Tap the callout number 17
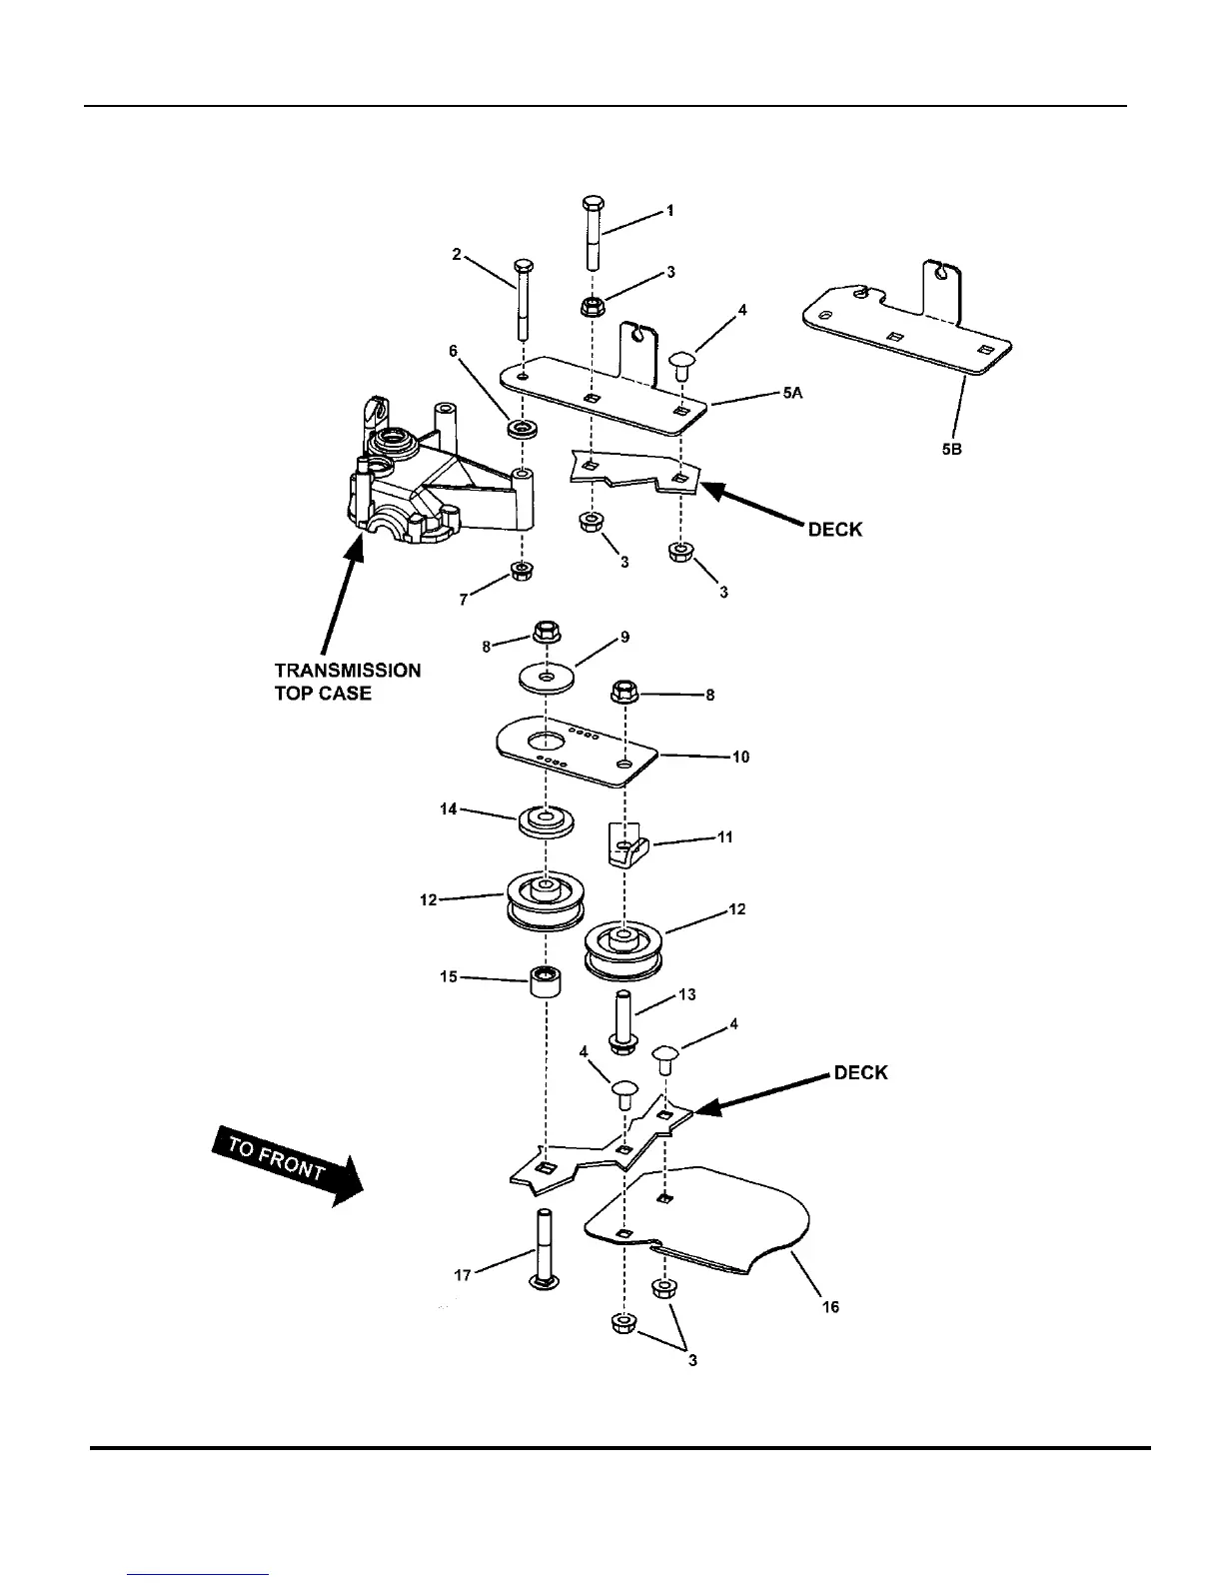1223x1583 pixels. click(464, 1276)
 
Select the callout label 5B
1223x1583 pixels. click(951, 450)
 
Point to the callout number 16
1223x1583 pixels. click(830, 1307)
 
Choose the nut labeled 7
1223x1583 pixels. click(521, 572)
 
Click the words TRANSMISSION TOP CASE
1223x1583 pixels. click(348, 682)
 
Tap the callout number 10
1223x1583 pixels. click(740, 757)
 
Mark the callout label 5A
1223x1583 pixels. click(792, 394)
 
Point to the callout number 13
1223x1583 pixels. click(686, 994)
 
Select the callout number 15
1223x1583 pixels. click(449, 976)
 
